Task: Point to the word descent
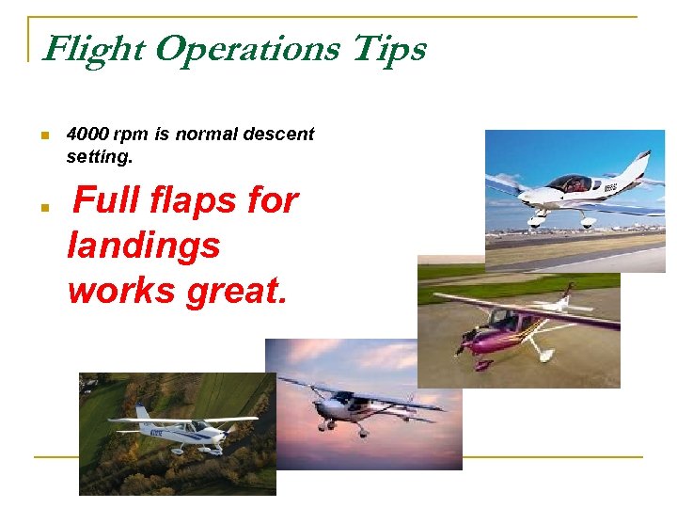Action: pyautogui.click(x=279, y=134)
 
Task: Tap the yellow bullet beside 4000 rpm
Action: pyautogui.click(x=43, y=135)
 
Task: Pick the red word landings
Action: pyautogui.click(x=144, y=246)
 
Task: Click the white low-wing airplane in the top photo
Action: pyautogui.click(x=574, y=193)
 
